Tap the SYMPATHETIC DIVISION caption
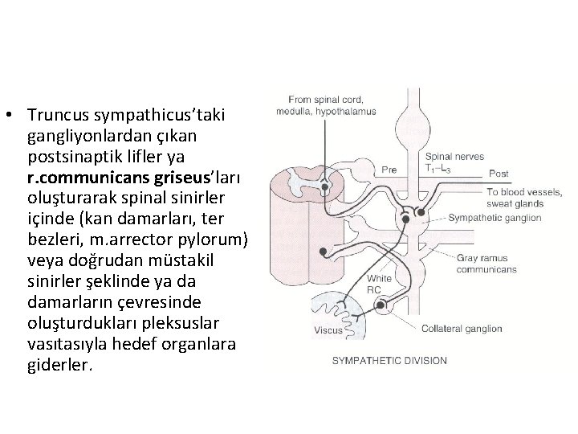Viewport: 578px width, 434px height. [x=389, y=361]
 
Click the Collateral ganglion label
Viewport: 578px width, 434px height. [x=462, y=328]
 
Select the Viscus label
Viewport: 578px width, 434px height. [x=328, y=330]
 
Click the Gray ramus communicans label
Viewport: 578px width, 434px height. [x=487, y=264]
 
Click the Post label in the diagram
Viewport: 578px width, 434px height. [x=499, y=174]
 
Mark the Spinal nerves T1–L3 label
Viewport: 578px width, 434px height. [x=454, y=162]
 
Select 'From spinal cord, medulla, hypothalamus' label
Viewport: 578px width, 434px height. [x=330, y=107]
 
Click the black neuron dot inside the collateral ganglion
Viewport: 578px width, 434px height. [x=381, y=305]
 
